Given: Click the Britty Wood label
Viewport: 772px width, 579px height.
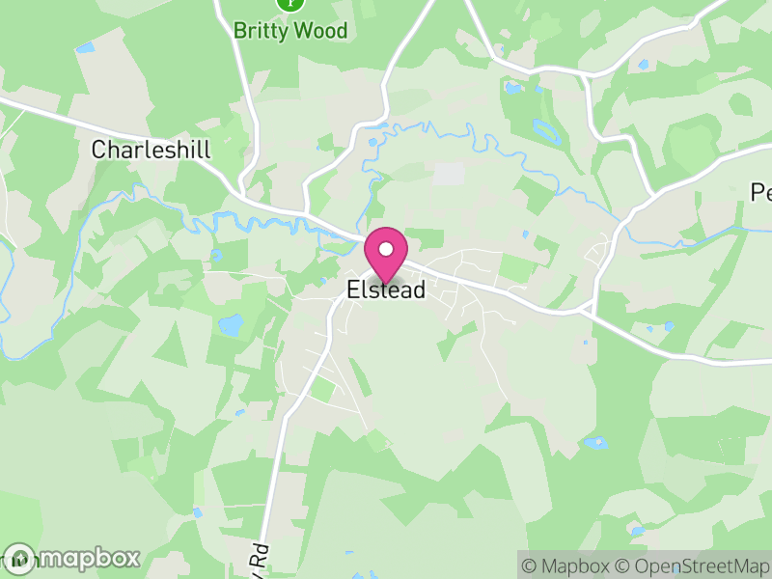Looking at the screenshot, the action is (x=290, y=30).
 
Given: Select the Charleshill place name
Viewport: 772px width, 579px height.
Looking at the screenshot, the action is (x=151, y=150).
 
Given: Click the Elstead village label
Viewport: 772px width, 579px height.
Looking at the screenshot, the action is (x=386, y=290).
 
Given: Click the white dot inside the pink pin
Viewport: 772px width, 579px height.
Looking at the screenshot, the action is (x=386, y=249).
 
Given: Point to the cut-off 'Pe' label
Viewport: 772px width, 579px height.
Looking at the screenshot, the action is (x=761, y=193).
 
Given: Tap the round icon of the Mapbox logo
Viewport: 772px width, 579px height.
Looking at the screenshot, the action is (x=19, y=558).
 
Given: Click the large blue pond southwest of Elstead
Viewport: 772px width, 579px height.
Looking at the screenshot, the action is (x=232, y=325).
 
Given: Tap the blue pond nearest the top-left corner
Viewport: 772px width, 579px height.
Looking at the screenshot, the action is (x=87, y=46).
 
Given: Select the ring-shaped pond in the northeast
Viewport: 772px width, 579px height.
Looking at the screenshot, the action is (x=544, y=129).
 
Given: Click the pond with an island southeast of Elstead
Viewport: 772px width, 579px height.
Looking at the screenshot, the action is (x=595, y=443).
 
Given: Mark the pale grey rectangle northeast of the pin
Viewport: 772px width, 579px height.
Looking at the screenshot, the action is (x=448, y=174).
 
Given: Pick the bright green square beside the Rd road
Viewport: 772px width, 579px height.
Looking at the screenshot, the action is (x=324, y=389).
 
